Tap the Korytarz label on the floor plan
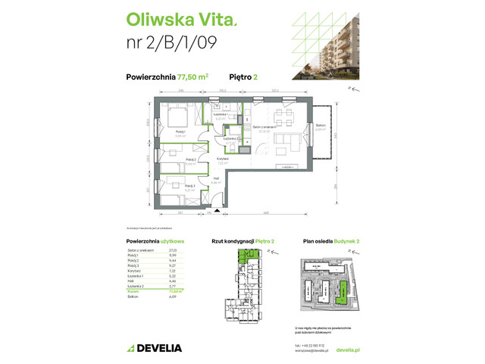[x=223, y=160]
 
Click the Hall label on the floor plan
[x=216, y=179]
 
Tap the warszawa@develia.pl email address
[x=312, y=350]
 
